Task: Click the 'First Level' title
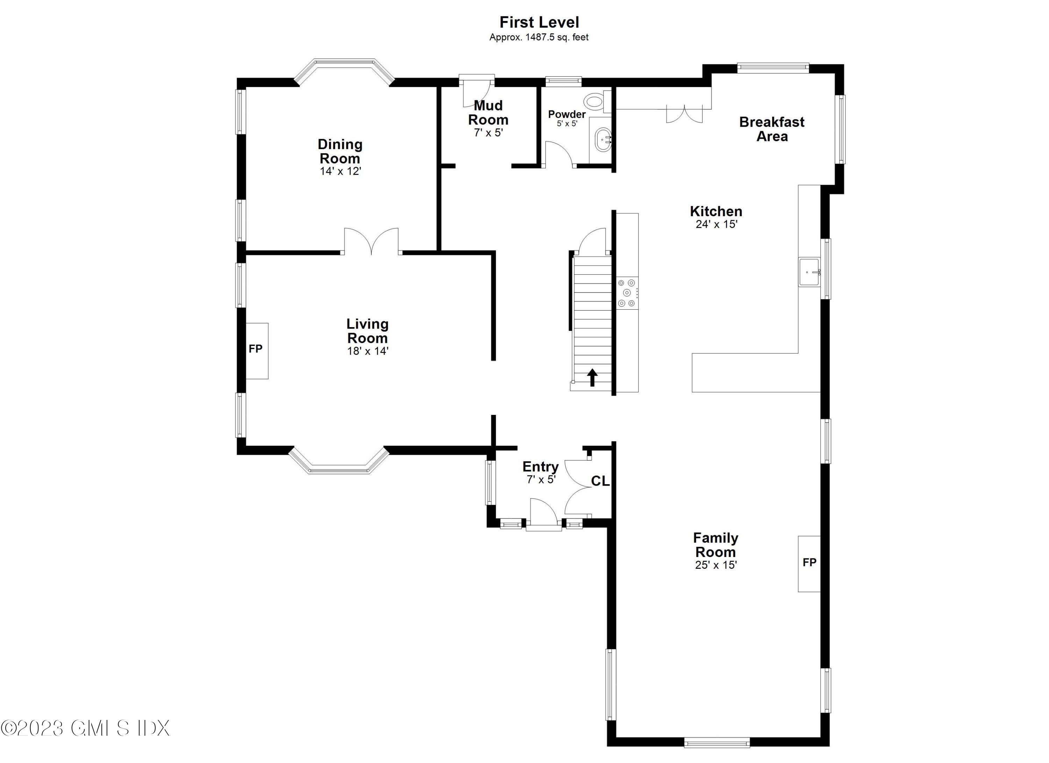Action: [539, 22]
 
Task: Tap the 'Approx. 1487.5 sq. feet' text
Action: [539, 37]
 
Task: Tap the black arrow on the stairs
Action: [592, 377]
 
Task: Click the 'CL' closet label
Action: [600, 482]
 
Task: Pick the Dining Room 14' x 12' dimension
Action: [341, 171]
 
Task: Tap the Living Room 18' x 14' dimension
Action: [368, 351]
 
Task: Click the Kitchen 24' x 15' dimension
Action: [716, 224]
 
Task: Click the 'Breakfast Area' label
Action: [772, 129]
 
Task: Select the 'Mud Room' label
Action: [488, 112]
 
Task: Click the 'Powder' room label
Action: [567, 114]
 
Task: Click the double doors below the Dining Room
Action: [371, 241]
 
